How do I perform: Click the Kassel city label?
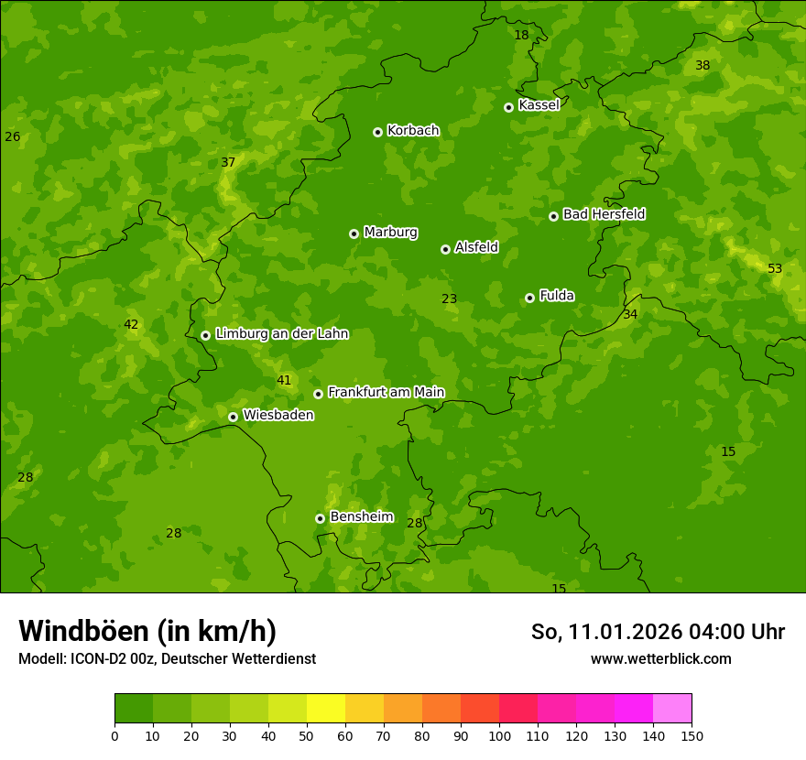pyautogui.click(x=539, y=105)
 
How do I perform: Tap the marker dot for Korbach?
pyautogui.click(x=377, y=132)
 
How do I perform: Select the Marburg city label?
pyautogui.click(x=390, y=233)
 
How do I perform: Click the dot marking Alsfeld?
pyautogui.click(x=445, y=249)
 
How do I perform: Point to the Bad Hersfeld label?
pyautogui.click(x=604, y=214)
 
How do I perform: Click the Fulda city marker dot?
pyautogui.click(x=529, y=298)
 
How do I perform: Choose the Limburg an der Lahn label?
pyautogui.click(x=281, y=334)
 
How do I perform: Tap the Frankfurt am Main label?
pyautogui.click(x=386, y=393)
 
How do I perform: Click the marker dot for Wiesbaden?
pyautogui.click(x=233, y=417)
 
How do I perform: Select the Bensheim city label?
pyautogui.click(x=361, y=517)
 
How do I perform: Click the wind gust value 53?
pyautogui.click(x=775, y=269)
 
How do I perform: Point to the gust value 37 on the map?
pyautogui.click(x=228, y=163)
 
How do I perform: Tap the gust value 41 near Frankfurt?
pyautogui.click(x=284, y=381)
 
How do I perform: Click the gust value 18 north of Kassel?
pyautogui.click(x=521, y=36)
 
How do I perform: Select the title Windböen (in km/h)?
pyautogui.click(x=147, y=631)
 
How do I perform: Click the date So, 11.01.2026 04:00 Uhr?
pyautogui.click(x=658, y=632)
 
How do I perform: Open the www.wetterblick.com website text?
pyautogui.click(x=660, y=659)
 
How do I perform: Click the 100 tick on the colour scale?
pyautogui.click(x=499, y=736)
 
